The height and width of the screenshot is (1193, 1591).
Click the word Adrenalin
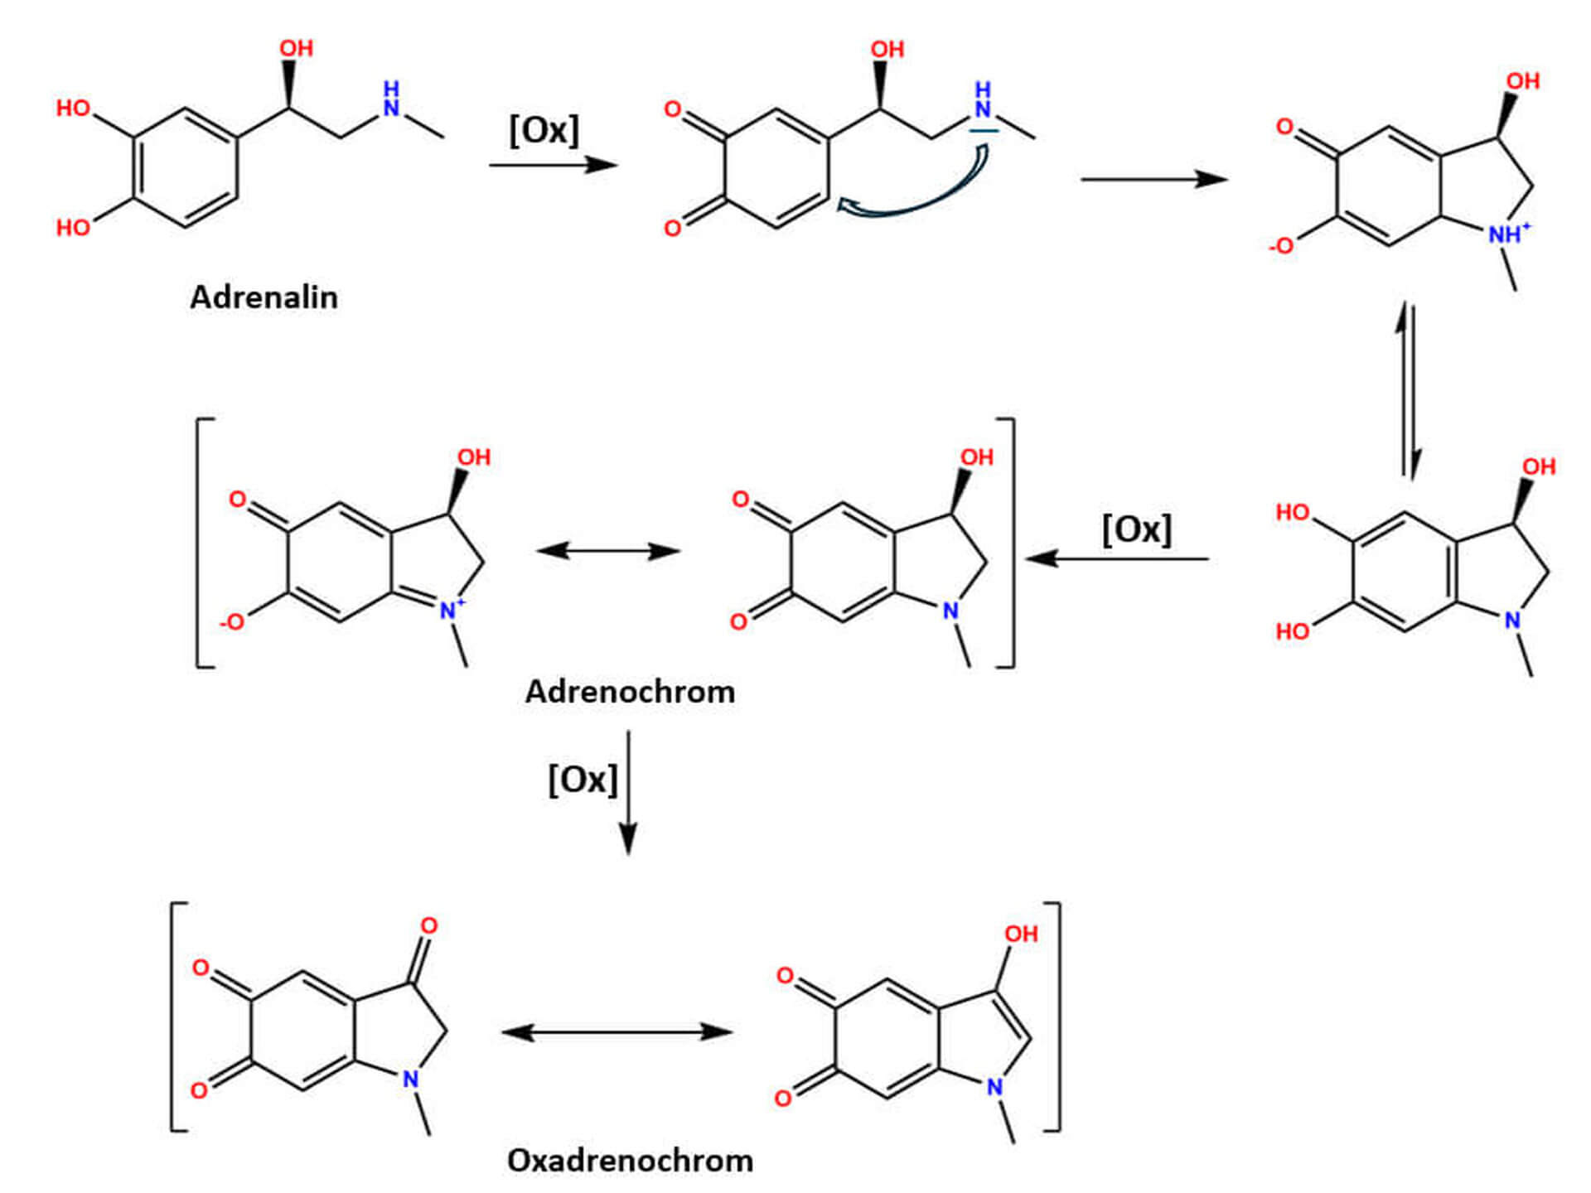(x=264, y=297)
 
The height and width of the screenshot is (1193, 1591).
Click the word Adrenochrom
(x=630, y=692)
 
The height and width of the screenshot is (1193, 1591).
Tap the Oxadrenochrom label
(x=630, y=1161)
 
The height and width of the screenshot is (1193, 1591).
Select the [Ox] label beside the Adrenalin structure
(x=544, y=130)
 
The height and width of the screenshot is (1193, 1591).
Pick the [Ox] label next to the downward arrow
(x=583, y=780)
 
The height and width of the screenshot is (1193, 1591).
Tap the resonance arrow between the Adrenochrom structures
(x=608, y=551)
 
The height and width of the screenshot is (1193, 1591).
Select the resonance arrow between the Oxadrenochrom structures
(x=617, y=1032)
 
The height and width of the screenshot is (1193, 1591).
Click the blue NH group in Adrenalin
(x=391, y=99)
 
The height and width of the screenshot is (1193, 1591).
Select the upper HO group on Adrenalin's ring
(x=73, y=109)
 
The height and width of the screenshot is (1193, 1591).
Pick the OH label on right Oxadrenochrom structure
(x=1021, y=935)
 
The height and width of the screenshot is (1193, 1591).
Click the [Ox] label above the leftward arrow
(x=1136, y=529)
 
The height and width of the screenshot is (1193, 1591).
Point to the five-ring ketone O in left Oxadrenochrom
(x=428, y=925)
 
